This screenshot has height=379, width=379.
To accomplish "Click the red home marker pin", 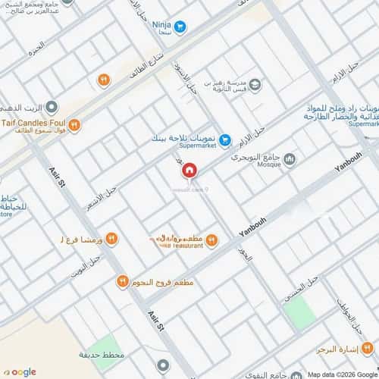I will click(191, 173).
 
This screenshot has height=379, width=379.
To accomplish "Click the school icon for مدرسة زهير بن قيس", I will click(255, 85).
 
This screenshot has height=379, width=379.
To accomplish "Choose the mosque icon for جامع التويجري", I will click(288, 158).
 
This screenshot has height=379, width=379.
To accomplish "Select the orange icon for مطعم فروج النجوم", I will click(121, 282).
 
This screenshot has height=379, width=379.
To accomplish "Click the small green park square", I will click(298, 309).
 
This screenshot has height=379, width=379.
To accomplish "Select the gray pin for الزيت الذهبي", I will click(51, 108).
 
